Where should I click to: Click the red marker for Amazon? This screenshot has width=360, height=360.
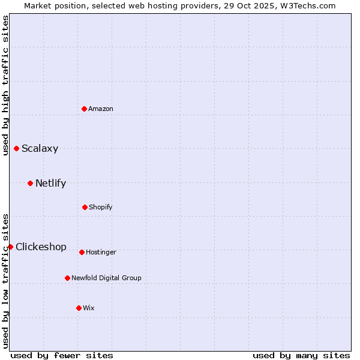(84, 109)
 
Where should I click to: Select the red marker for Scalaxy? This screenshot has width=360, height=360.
(16, 148)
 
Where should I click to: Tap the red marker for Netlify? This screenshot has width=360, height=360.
(30, 183)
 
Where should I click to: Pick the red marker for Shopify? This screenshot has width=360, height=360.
(85, 207)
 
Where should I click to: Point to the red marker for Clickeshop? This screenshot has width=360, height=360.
(10, 247)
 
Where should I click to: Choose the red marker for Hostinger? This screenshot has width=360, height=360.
(82, 252)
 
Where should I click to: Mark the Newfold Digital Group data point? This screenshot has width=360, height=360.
(67, 278)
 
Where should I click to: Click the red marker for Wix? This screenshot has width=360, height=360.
(79, 308)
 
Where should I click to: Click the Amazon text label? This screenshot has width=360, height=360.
(101, 109)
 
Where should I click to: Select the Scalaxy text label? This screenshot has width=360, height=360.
(40, 149)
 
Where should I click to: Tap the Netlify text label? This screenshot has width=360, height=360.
(50, 184)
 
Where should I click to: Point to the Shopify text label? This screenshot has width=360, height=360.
(101, 207)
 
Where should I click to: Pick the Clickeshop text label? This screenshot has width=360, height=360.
(41, 247)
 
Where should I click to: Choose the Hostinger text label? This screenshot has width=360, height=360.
(101, 252)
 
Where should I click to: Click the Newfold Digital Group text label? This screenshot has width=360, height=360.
(106, 278)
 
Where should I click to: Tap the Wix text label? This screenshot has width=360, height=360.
(89, 308)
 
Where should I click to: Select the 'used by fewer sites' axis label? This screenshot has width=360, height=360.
(62, 355)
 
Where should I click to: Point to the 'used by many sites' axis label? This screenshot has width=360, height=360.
(301, 355)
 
